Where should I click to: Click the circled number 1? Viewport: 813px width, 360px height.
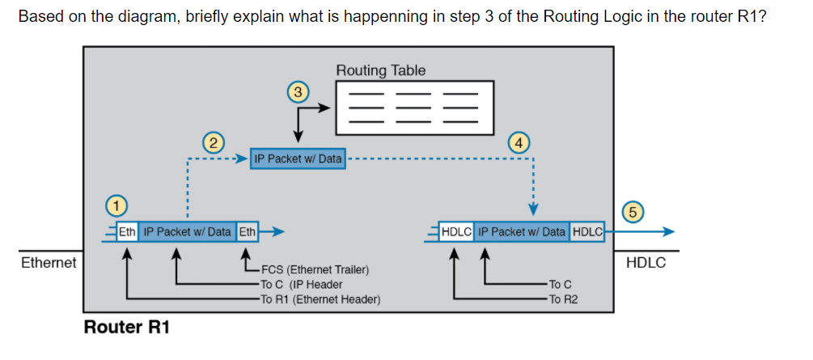pyautogui.click(x=117, y=204)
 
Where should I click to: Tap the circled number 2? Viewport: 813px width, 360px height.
pyautogui.click(x=212, y=143)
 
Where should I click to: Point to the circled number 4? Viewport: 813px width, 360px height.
pyautogui.click(x=519, y=143)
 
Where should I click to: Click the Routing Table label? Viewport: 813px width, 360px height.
pyautogui.click(x=380, y=70)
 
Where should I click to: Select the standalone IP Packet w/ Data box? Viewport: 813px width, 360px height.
pyautogui.click(x=298, y=159)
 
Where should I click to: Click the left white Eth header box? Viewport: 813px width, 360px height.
pyautogui.click(x=127, y=232)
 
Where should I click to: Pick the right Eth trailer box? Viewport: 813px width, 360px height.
pyautogui.click(x=248, y=232)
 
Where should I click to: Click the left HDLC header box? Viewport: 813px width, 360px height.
pyautogui.click(x=457, y=232)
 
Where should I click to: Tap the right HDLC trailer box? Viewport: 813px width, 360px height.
pyautogui.click(x=587, y=232)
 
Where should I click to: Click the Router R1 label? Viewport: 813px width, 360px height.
pyautogui.click(x=126, y=328)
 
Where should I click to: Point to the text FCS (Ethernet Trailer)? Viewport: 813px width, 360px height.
pyautogui.click(x=315, y=269)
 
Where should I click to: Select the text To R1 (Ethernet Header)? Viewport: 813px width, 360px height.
pyautogui.click(x=320, y=299)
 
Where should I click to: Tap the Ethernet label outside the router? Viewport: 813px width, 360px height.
pyautogui.click(x=49, y=263)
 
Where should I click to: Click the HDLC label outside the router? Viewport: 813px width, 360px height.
pyautogui.click(x=646, y=263)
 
